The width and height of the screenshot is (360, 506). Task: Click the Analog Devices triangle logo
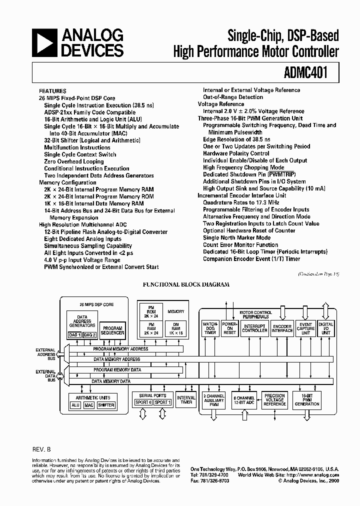pos(45,43)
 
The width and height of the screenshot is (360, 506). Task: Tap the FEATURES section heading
pos(52,91)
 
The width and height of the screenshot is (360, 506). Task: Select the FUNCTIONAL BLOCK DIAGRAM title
pos(186,284)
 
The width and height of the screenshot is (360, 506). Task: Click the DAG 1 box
pos(75,335)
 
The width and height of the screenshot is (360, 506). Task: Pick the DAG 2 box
pos(89,335)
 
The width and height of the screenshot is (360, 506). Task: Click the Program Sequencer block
pos(112,331)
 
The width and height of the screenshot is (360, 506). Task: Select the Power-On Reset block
pos(229,328)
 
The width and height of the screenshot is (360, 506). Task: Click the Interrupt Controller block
pos(254,328)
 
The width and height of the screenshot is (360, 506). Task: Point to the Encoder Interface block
pos(282,328)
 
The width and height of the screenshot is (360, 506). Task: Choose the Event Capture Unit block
pos(305,328)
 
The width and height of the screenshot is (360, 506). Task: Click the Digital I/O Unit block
pos(326,328)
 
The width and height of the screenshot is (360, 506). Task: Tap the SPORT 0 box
pos(143,402)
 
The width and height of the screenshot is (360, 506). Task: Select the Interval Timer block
pos(186,399)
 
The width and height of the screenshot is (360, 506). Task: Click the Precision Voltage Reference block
pos(274,399)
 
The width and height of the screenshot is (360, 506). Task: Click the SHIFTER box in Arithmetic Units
pos(106,405)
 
